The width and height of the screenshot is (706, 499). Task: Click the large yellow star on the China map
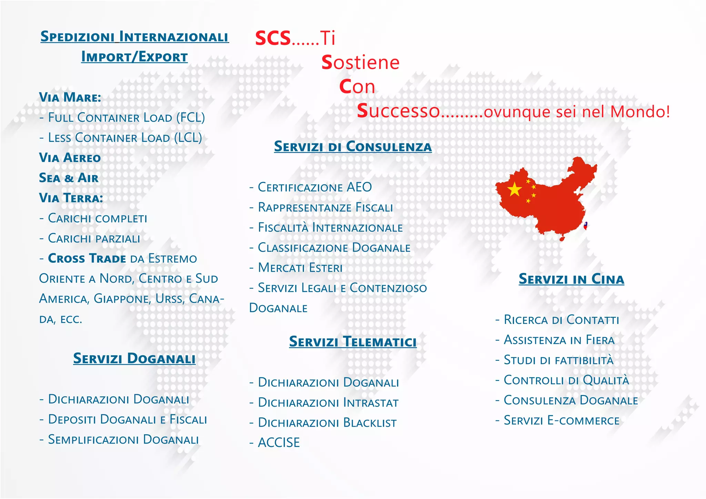514,189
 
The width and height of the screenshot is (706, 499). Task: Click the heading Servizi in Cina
571,279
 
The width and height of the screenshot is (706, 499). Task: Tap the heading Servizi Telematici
353,342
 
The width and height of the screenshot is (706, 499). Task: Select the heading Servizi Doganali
134,359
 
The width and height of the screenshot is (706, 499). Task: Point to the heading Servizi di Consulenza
353,146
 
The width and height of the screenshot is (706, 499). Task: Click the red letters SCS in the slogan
273,38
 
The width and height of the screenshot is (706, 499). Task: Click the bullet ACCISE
279,443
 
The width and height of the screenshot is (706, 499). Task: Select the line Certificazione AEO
314,187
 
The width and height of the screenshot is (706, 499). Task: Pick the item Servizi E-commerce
561,421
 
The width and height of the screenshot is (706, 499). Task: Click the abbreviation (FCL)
190,118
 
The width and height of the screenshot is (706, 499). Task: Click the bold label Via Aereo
70,158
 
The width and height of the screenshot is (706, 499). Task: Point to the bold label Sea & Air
69,178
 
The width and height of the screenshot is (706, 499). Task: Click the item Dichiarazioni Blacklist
327,423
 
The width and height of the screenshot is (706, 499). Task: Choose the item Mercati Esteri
300,268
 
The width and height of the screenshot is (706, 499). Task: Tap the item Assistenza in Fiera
559,340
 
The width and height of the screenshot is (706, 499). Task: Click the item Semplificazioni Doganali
123,440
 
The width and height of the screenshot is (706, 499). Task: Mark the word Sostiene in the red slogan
360,63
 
